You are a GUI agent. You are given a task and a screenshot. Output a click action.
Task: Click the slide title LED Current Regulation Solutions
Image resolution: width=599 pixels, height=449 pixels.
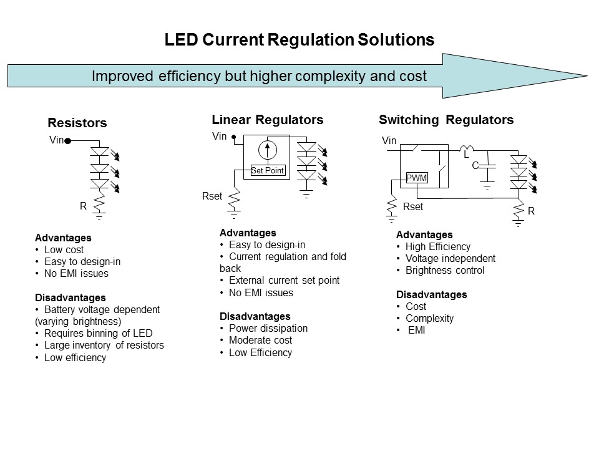click(x=299, y=40)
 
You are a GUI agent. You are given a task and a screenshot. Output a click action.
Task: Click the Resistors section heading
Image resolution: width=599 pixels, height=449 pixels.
click(x=77, y=123)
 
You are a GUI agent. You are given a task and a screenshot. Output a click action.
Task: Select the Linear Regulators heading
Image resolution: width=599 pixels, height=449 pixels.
click(x=267, y=120)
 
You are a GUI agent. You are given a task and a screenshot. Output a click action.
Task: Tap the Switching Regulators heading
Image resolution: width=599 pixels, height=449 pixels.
click(x=446, y=120)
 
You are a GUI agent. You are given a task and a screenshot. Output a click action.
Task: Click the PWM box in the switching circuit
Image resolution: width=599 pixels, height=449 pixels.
click(x=416, y=178)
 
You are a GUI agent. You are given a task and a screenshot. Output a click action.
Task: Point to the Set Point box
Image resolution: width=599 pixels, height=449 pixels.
click(x=267, y=170)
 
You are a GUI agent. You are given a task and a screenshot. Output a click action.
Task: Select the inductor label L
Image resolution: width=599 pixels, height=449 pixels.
click(x=465, y=154)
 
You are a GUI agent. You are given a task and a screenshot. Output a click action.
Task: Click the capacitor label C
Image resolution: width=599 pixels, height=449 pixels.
click(x=475, y=165)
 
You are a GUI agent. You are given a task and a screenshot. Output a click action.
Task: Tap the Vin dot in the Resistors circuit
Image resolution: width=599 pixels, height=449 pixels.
click(x=67, y=141)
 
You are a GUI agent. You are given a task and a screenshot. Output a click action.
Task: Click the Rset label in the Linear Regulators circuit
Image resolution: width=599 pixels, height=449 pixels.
click(x=212, y=196)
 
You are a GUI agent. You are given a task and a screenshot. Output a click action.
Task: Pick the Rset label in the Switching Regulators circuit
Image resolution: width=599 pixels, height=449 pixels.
click(x=412, y=206)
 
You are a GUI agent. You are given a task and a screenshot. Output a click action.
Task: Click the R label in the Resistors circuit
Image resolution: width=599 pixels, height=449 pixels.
click(x=82, y=206)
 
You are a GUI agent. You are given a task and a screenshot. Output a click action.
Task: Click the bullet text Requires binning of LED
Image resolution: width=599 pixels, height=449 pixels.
click(x=98, y=333)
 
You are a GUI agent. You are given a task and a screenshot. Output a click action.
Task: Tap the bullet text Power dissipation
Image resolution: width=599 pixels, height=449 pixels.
click(x=268, y=328)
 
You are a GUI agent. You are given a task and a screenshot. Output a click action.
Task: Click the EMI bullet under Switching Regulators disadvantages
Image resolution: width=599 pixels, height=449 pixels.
click(x=416, y=330)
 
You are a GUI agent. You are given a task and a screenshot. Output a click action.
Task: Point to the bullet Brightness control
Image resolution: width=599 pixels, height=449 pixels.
click(x=444, y=270)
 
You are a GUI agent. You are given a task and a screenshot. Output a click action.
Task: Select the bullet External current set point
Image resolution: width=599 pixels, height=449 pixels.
click(x=284, y=281)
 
